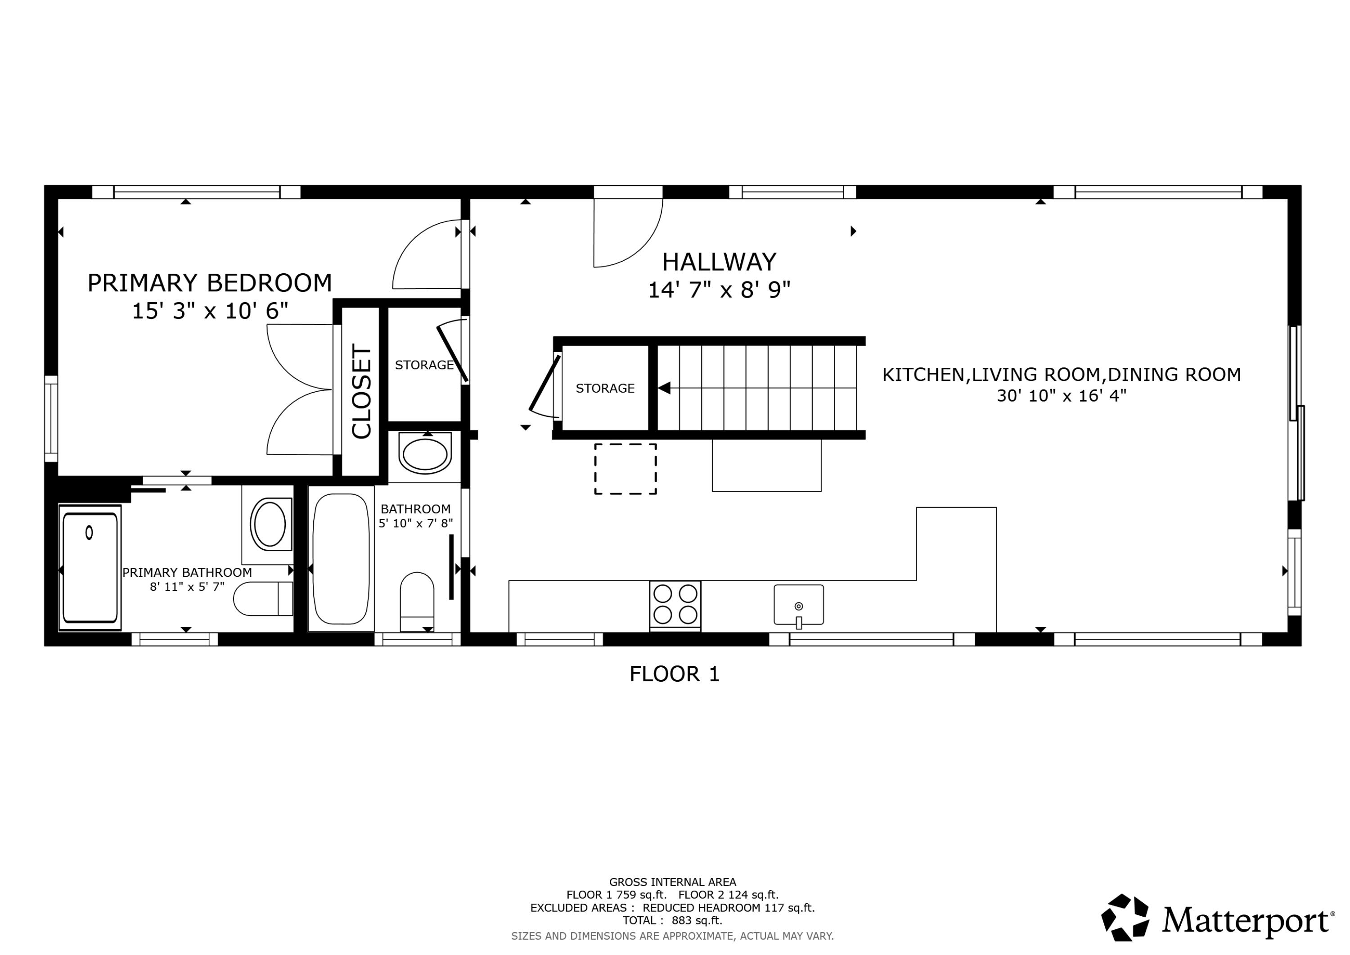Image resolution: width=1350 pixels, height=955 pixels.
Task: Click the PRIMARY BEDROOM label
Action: (x=209, y=283)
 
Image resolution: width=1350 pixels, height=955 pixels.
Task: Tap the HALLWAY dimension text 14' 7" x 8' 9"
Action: (x=719, y=290)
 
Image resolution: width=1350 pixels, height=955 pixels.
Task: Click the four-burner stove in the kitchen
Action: (x=675, y=604)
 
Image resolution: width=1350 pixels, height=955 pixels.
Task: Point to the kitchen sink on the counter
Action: (x=798, y=605)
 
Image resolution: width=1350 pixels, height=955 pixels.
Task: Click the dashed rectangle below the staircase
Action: (x=625, y=469)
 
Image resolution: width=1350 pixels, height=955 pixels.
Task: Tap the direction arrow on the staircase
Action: (x=664, y=389)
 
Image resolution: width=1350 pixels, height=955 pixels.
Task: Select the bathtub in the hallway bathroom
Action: (x=341, y=558)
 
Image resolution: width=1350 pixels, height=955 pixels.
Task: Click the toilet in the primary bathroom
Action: (x=263, y=598)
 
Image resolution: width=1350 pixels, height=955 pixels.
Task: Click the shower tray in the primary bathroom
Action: (x=90, y=568)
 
